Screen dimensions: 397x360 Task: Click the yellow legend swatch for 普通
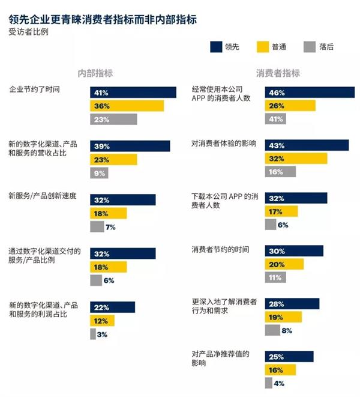click(x=262, y=46)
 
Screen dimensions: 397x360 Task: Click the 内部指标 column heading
click(x=95, y=73)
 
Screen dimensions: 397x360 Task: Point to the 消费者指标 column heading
click(x=278, y=73)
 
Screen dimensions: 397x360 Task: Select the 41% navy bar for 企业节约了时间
click(x=133, y=92)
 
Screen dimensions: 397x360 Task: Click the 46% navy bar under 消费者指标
click(x=310, y=92)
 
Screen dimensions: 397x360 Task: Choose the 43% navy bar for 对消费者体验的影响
click(x=307, y=145)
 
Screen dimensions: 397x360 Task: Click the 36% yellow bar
click(x=127, y=106)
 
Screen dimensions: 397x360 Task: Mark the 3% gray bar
click(x=93, y=334)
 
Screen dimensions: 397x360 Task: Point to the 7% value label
click(x=110, y=227)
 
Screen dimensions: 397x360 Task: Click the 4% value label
click(x=278, y=383)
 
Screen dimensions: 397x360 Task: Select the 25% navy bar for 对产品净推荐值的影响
click(x=289, y=357)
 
